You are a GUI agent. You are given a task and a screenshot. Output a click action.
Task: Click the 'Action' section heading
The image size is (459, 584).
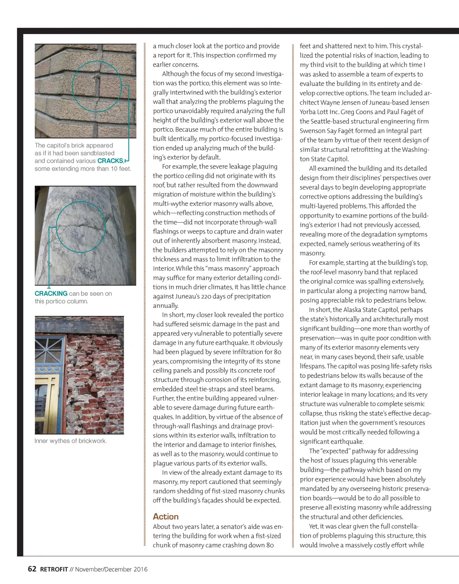(x=165, y=516)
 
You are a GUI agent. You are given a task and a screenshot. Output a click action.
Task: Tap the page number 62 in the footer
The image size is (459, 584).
(x=32, y=569)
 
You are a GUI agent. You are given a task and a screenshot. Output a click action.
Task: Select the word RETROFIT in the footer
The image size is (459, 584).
(x=54, y=570)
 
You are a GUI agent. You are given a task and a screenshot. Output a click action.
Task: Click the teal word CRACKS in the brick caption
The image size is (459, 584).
(x=110, y=161)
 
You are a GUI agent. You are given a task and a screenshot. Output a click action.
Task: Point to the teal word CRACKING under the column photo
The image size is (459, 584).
(x=51, y=294)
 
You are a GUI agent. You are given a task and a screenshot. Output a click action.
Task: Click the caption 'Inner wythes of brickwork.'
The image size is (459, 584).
(x=70, y=441)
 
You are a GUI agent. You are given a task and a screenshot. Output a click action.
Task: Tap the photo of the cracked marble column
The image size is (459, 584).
(x=85, y=235)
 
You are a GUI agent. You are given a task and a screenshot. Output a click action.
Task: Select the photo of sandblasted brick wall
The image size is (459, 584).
(x=85, y=91)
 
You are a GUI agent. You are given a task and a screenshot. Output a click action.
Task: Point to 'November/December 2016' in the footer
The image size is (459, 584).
(x=111, y=570)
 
